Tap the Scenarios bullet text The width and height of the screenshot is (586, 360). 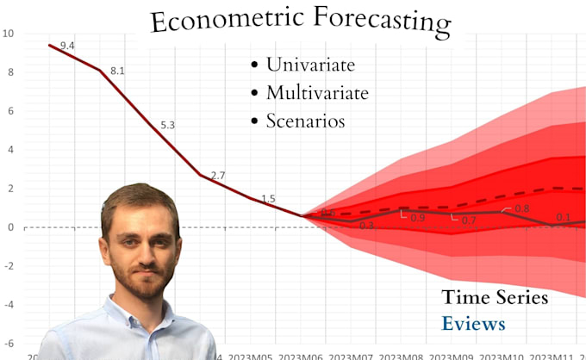[305, 121]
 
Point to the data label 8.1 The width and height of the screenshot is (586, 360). [117, 71]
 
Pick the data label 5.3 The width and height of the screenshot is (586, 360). [167, 126]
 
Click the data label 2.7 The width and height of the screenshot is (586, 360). [217, 176]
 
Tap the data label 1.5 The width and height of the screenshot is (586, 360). [268, 199]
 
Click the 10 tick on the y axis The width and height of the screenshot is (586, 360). [8, 34]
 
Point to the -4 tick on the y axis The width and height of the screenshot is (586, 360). [8, 304]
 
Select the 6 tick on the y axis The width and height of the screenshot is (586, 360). [9, 111]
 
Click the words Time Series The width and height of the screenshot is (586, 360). [495, 298]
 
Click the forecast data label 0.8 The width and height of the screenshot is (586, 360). [521, 209]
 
